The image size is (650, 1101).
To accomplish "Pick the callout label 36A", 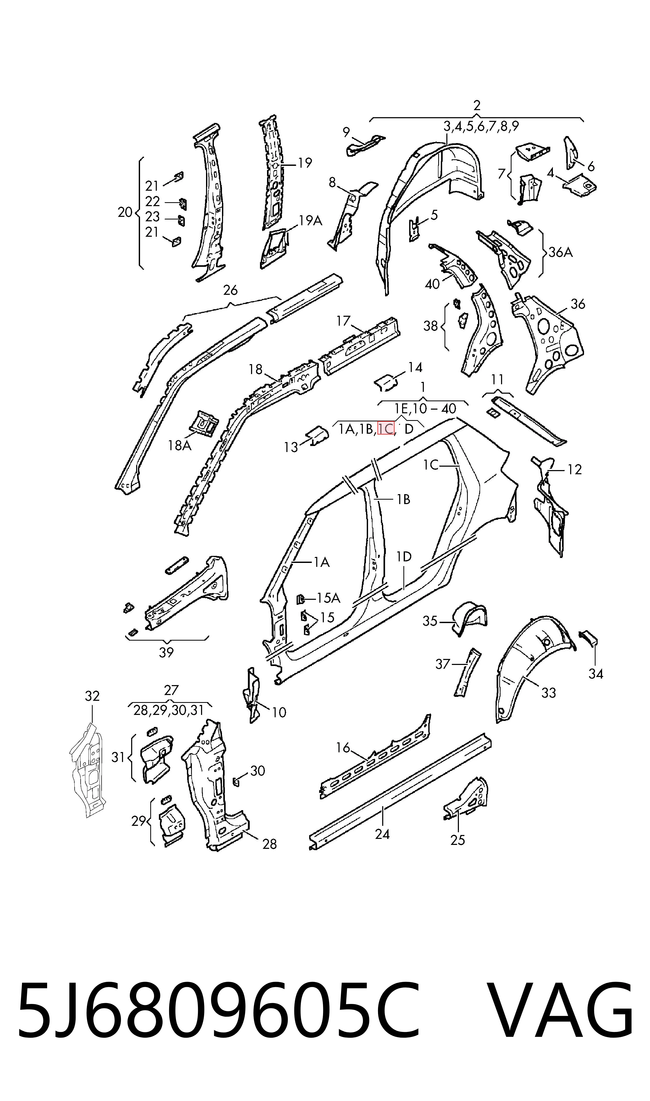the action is point(561,252).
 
